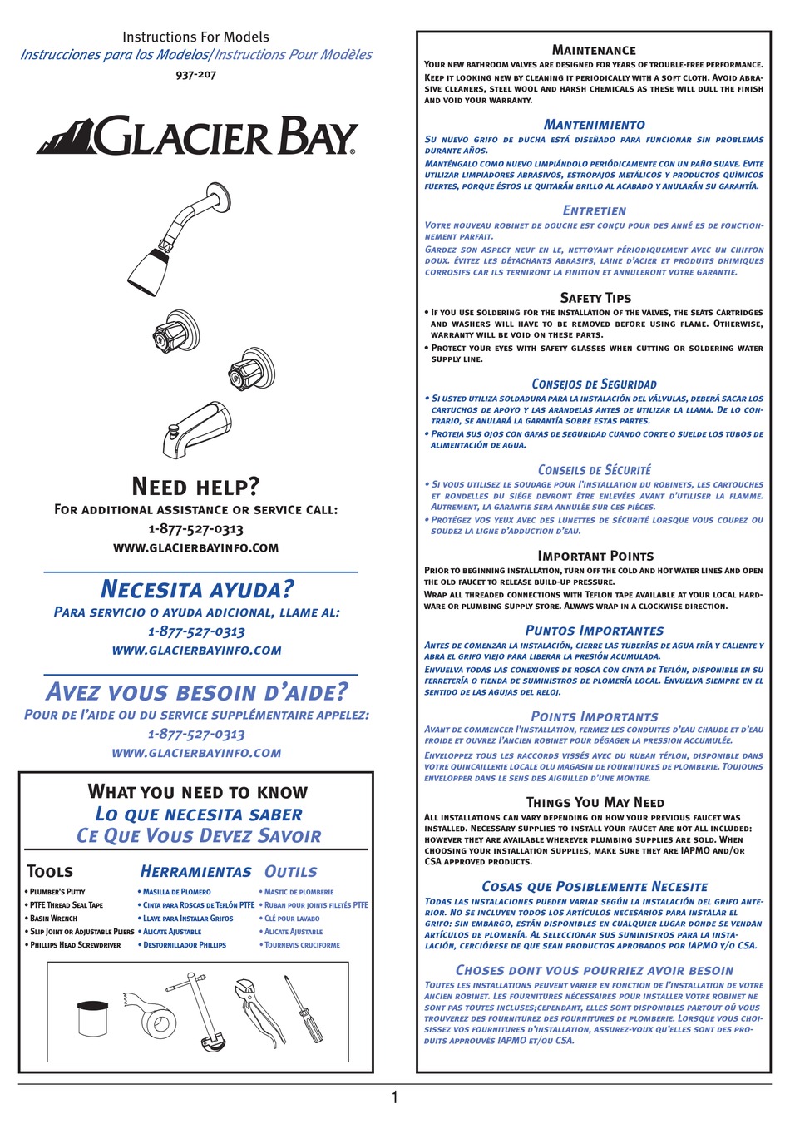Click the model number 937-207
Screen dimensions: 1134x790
tap(195, 75)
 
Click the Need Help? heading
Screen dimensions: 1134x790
tap(195, 486)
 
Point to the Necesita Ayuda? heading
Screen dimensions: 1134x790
tap(197, 589)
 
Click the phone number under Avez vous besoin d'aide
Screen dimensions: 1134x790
tap(196, 734)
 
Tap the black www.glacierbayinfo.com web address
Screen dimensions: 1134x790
tap(195, 548)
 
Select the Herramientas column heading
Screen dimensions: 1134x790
tap(195, 871)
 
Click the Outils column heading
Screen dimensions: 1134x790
tap(290, 871)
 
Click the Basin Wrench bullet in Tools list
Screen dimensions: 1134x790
tap(53, 919)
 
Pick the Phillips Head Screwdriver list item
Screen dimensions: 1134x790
tap(75, 945)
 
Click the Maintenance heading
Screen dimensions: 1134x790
tap(594, 50)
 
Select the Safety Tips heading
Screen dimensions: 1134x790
tap(595, 298)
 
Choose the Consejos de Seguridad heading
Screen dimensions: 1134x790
tap(594, 384)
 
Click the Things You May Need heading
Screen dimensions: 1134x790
tap(595, 802)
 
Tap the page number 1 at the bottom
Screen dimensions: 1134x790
tap(394, 1098)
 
